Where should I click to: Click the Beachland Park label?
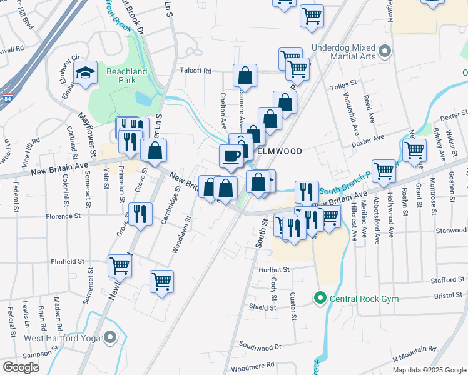[127, 76]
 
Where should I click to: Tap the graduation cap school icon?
[85, 72]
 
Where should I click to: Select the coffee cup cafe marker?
[231, 156]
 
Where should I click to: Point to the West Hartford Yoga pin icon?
[110, 338]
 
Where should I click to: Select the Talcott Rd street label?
[196, 71]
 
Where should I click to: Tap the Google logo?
[21, 367]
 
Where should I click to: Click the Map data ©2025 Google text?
[429, 370]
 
